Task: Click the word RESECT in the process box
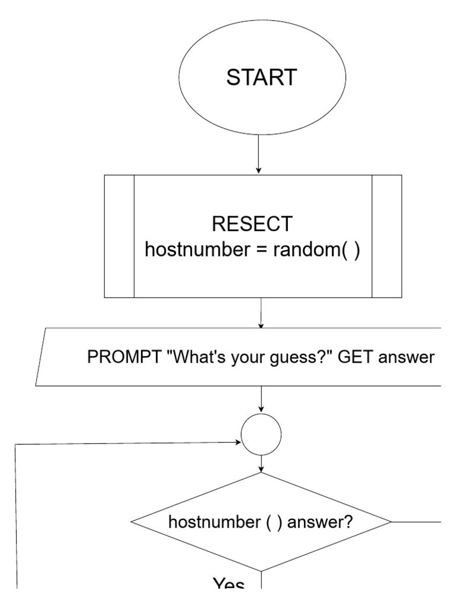point(252,224)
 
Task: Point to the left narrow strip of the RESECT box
point(119,236)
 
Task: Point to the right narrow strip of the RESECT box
point(386,236)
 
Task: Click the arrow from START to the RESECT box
point(258,154)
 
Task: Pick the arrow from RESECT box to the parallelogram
point(261,312)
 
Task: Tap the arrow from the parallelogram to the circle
point(261,400)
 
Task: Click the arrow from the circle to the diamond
point(261,464)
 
